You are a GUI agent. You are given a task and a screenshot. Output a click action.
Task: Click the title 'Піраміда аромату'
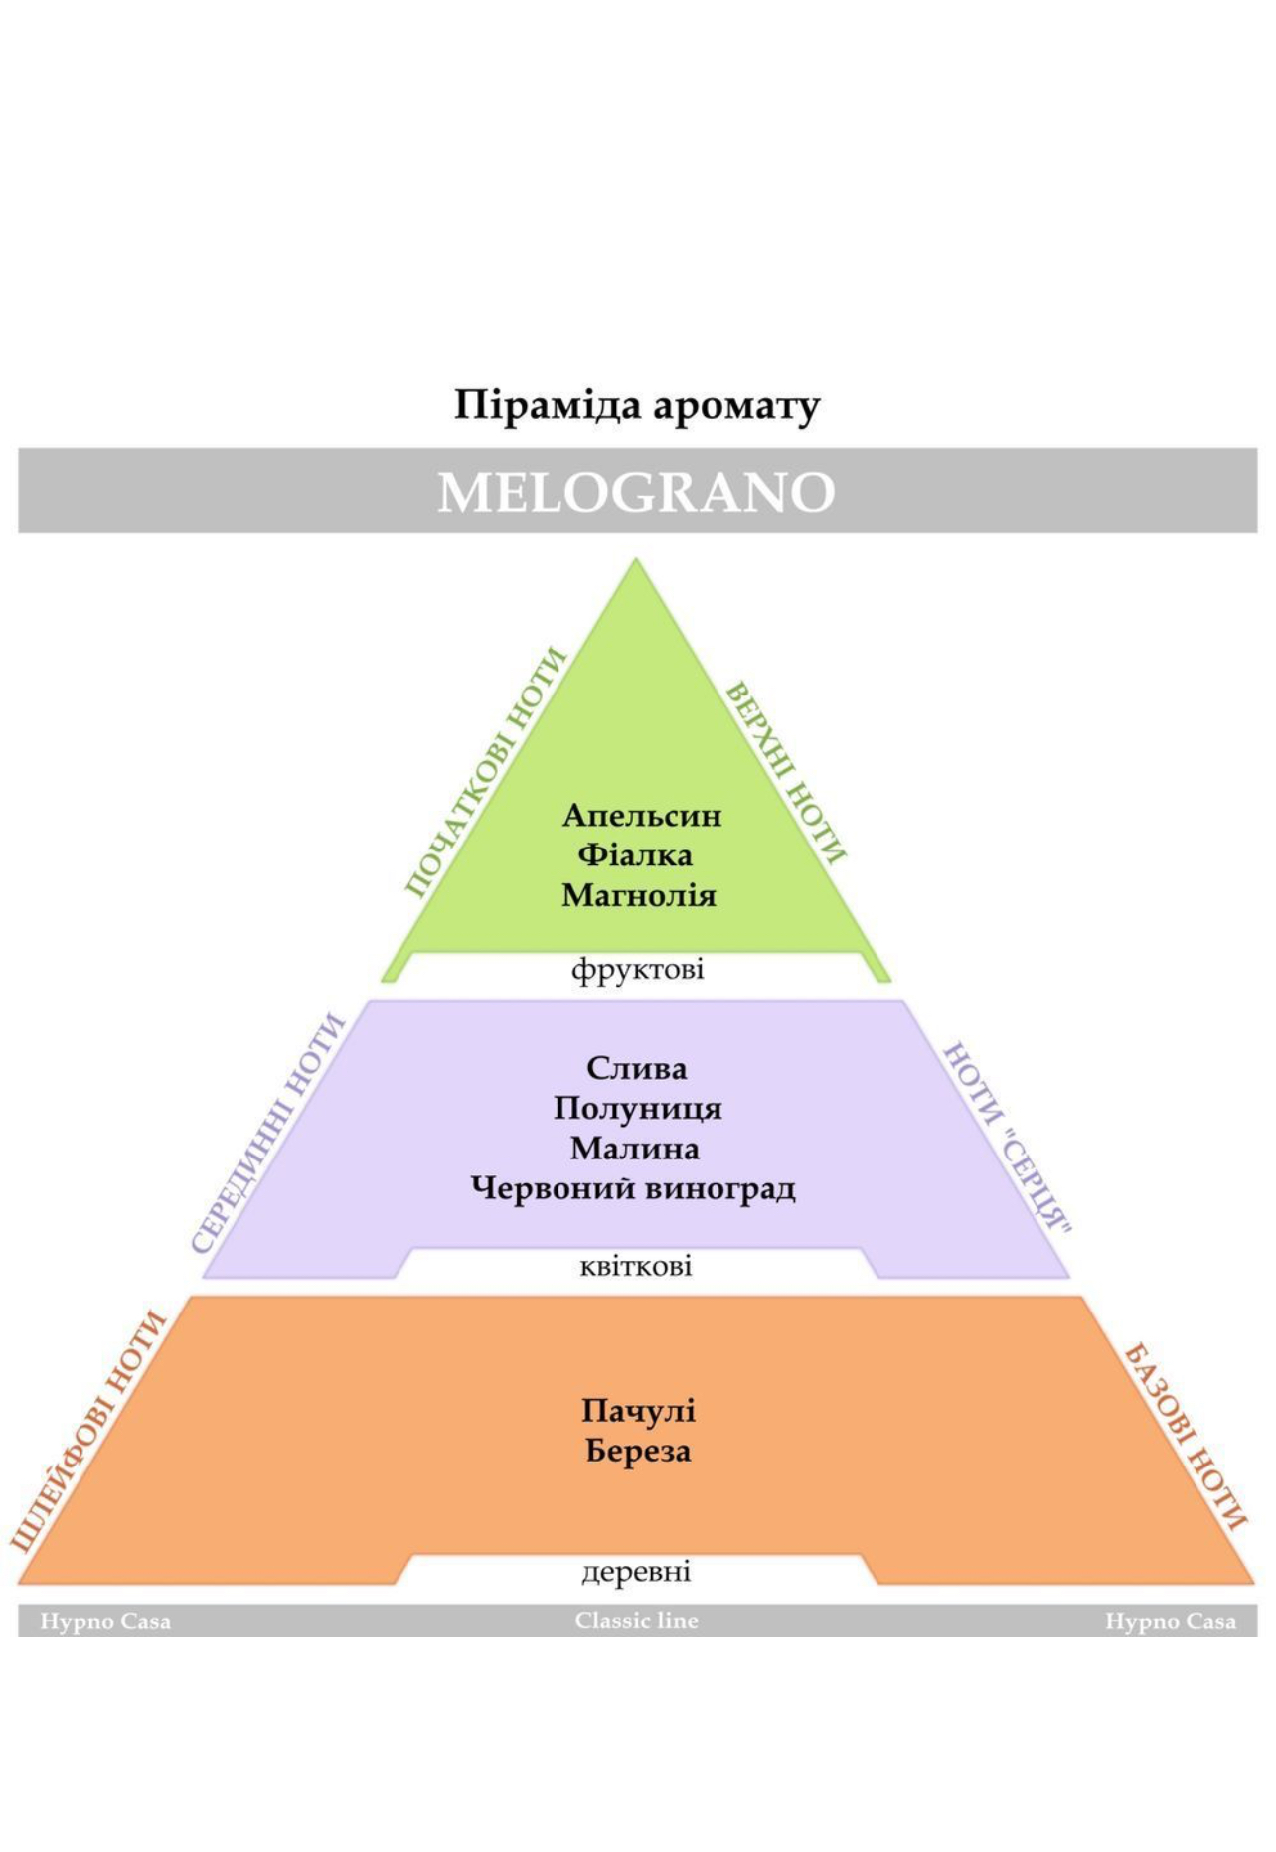click(637, 405)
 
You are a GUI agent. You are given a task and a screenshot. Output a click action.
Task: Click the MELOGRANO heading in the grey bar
click(637, 492)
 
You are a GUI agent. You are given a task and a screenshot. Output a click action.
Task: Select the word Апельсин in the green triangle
click(642, 816)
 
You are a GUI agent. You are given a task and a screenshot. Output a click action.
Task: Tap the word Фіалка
click(635, 854)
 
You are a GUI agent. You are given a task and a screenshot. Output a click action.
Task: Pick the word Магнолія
click(639, 895)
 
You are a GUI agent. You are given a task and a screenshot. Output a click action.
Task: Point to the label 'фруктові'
click(638, 969)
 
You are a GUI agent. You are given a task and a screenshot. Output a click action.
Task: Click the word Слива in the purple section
click(636, 1068)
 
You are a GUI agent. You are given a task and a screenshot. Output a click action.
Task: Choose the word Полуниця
click(638, 1108)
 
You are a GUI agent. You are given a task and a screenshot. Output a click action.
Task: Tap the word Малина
click(635, 1149)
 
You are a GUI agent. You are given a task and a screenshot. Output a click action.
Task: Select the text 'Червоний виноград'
click(633, 1188)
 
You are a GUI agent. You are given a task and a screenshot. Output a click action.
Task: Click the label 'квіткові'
click(636, 1266)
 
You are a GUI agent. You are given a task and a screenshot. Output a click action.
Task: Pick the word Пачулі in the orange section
click(638, 1411)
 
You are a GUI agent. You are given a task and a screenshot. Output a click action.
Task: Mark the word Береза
click(638, 1451)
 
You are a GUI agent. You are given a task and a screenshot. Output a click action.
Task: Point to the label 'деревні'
click(636, 1572)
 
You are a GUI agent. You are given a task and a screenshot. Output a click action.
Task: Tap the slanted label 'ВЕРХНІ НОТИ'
click(786, 773)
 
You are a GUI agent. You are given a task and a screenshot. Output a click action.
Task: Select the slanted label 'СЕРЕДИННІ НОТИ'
click(268, 1134)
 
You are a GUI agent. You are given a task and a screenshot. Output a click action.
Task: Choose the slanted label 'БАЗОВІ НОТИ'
click(1186, 1437)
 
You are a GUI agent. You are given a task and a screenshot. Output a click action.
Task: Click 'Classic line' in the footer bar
click(637, 1620)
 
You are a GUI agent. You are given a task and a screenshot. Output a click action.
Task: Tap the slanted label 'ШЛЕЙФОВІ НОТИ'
click(88, 1431)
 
